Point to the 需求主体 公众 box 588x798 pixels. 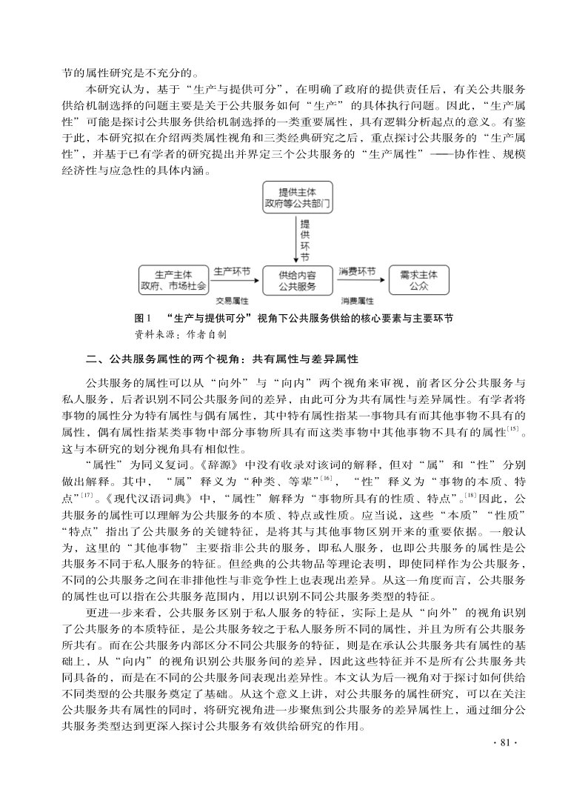pos(418,279)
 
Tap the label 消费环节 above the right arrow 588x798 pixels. pos(357,272)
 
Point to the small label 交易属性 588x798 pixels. pos(231,302)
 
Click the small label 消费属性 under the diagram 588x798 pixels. pos(357,302)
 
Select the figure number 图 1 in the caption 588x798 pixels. pos(143,318)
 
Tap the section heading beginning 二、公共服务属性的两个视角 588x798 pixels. pos(221,359)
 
